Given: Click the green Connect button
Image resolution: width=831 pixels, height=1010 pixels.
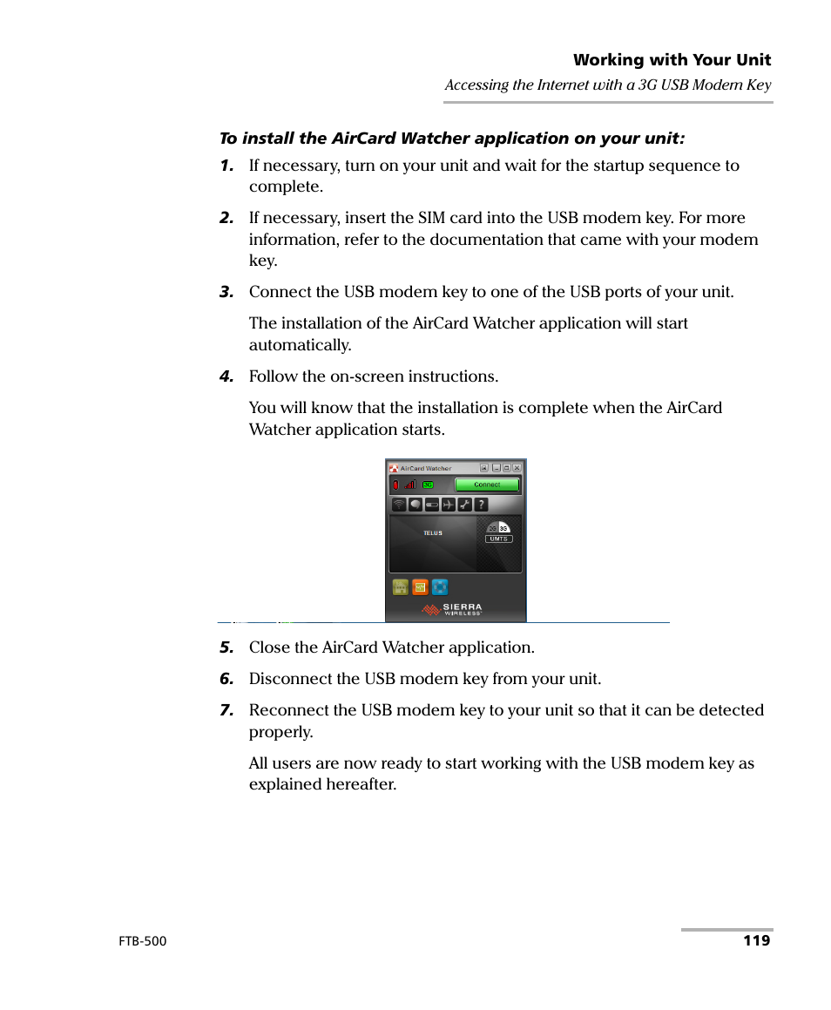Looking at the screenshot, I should point(487,485).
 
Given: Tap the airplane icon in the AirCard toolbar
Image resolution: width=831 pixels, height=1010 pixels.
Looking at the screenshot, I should point(449,505).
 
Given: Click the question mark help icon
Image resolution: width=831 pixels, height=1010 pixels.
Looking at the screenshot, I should point(481,505).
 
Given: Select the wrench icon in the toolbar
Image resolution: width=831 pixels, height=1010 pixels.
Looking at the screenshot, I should point(464,505).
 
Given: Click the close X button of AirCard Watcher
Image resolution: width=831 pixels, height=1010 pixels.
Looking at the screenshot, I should point(517,468).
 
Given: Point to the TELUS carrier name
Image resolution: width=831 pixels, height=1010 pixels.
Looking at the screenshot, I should point(433,533).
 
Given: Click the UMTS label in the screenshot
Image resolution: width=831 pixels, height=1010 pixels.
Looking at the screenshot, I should point(498,539).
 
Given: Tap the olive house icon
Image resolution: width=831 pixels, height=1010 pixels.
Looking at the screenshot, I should point(401,587).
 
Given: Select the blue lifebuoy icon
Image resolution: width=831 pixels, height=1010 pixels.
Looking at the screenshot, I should point(440,587).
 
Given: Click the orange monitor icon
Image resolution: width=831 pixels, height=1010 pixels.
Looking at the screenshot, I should point(420,587).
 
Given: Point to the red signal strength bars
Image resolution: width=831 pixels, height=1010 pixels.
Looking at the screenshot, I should point(410,485).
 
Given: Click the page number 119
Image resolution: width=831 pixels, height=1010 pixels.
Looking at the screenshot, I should point(756,941).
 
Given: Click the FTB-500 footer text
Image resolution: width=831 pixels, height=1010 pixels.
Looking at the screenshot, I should point(142,942).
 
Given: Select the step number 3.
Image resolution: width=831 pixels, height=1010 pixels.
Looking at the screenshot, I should point(226,292).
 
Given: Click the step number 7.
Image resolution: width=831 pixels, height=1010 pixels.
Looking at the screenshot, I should point(226,710).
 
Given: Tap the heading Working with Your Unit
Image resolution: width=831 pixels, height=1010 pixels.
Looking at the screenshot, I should point(672,60).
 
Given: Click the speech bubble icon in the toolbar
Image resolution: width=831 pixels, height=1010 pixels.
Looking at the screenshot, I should point(415,505).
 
